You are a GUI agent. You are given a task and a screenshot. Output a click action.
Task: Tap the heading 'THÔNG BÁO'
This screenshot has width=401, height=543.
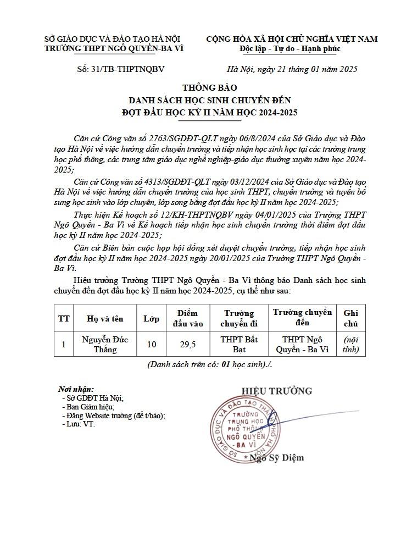pyautogui.click(x=205, y=88)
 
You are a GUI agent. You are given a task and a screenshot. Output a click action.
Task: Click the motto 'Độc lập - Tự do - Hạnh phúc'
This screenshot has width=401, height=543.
pyautogui.click(x=290, y=48)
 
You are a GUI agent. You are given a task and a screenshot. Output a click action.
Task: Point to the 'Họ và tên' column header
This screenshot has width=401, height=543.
pyautogui.click(x=105, y=318)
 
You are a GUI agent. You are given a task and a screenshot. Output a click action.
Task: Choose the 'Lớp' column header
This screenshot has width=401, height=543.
pyautogui.click(x=151, y=318)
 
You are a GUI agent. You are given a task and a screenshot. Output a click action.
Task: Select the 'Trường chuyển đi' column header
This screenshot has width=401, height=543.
pyautogui.click(x=239, y=318)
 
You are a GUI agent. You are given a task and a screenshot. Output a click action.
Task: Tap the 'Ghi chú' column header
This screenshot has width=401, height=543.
pyautogui.click(x=350, y=318)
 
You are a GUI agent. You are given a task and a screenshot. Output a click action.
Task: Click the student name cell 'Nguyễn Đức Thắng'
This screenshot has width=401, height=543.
pyautogui.click(x=105, y=344)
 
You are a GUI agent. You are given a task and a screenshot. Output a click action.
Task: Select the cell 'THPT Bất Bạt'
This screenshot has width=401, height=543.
pyautogui.click(x=239, y=344)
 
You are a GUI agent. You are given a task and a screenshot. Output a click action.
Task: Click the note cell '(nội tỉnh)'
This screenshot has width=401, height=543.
pyautogui.click(x=350, y=344)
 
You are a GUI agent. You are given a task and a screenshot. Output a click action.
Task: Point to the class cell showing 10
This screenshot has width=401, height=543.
pyautogui.click(x=151, y=345)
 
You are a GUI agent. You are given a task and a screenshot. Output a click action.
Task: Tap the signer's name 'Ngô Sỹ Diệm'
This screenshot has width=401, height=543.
pyautogui.click(x=276, y=457)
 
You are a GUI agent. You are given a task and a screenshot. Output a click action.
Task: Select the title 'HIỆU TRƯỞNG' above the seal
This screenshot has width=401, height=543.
pyautogui.click(x=276, y=391)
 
